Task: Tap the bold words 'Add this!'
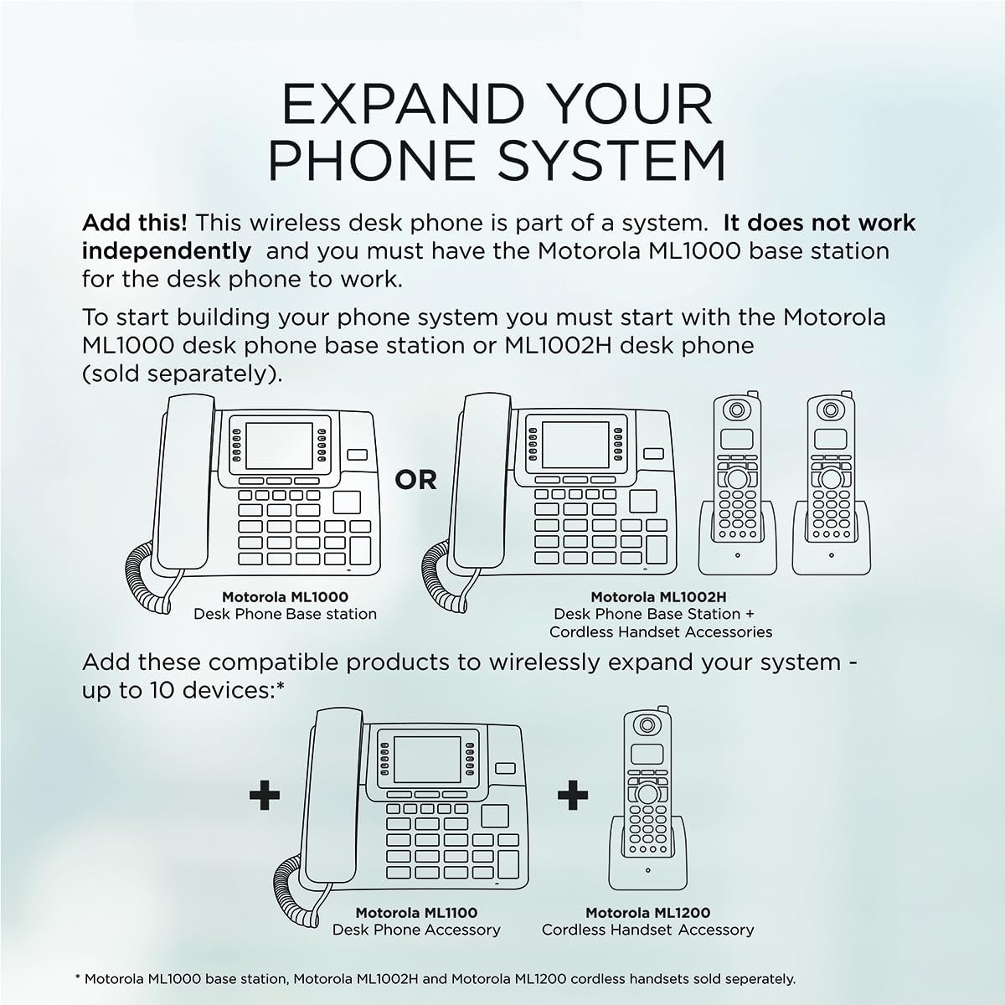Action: pyautogui.click(x=134, y=224)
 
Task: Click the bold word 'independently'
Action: pyautogui.click(x=166, y=251)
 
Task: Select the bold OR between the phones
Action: pyautogui.click(x=416, y=480)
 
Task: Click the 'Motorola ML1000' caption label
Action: pyautogui.click(x=285, y=597)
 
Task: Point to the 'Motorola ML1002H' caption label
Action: pyautogui.click(x=658, y=597)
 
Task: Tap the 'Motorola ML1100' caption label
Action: pyautogui.click(x=416, y=913)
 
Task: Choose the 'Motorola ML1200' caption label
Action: pyautogui.click(x=647, y=913)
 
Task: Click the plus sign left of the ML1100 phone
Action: pyautogui.click(x=265, y=794)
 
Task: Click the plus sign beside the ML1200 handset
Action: pyautogui.click(x=572, y=794)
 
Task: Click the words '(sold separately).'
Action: pyautogui.click(x=181, y=374)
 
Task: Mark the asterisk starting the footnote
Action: pyautogui.click(x=77, y=977)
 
